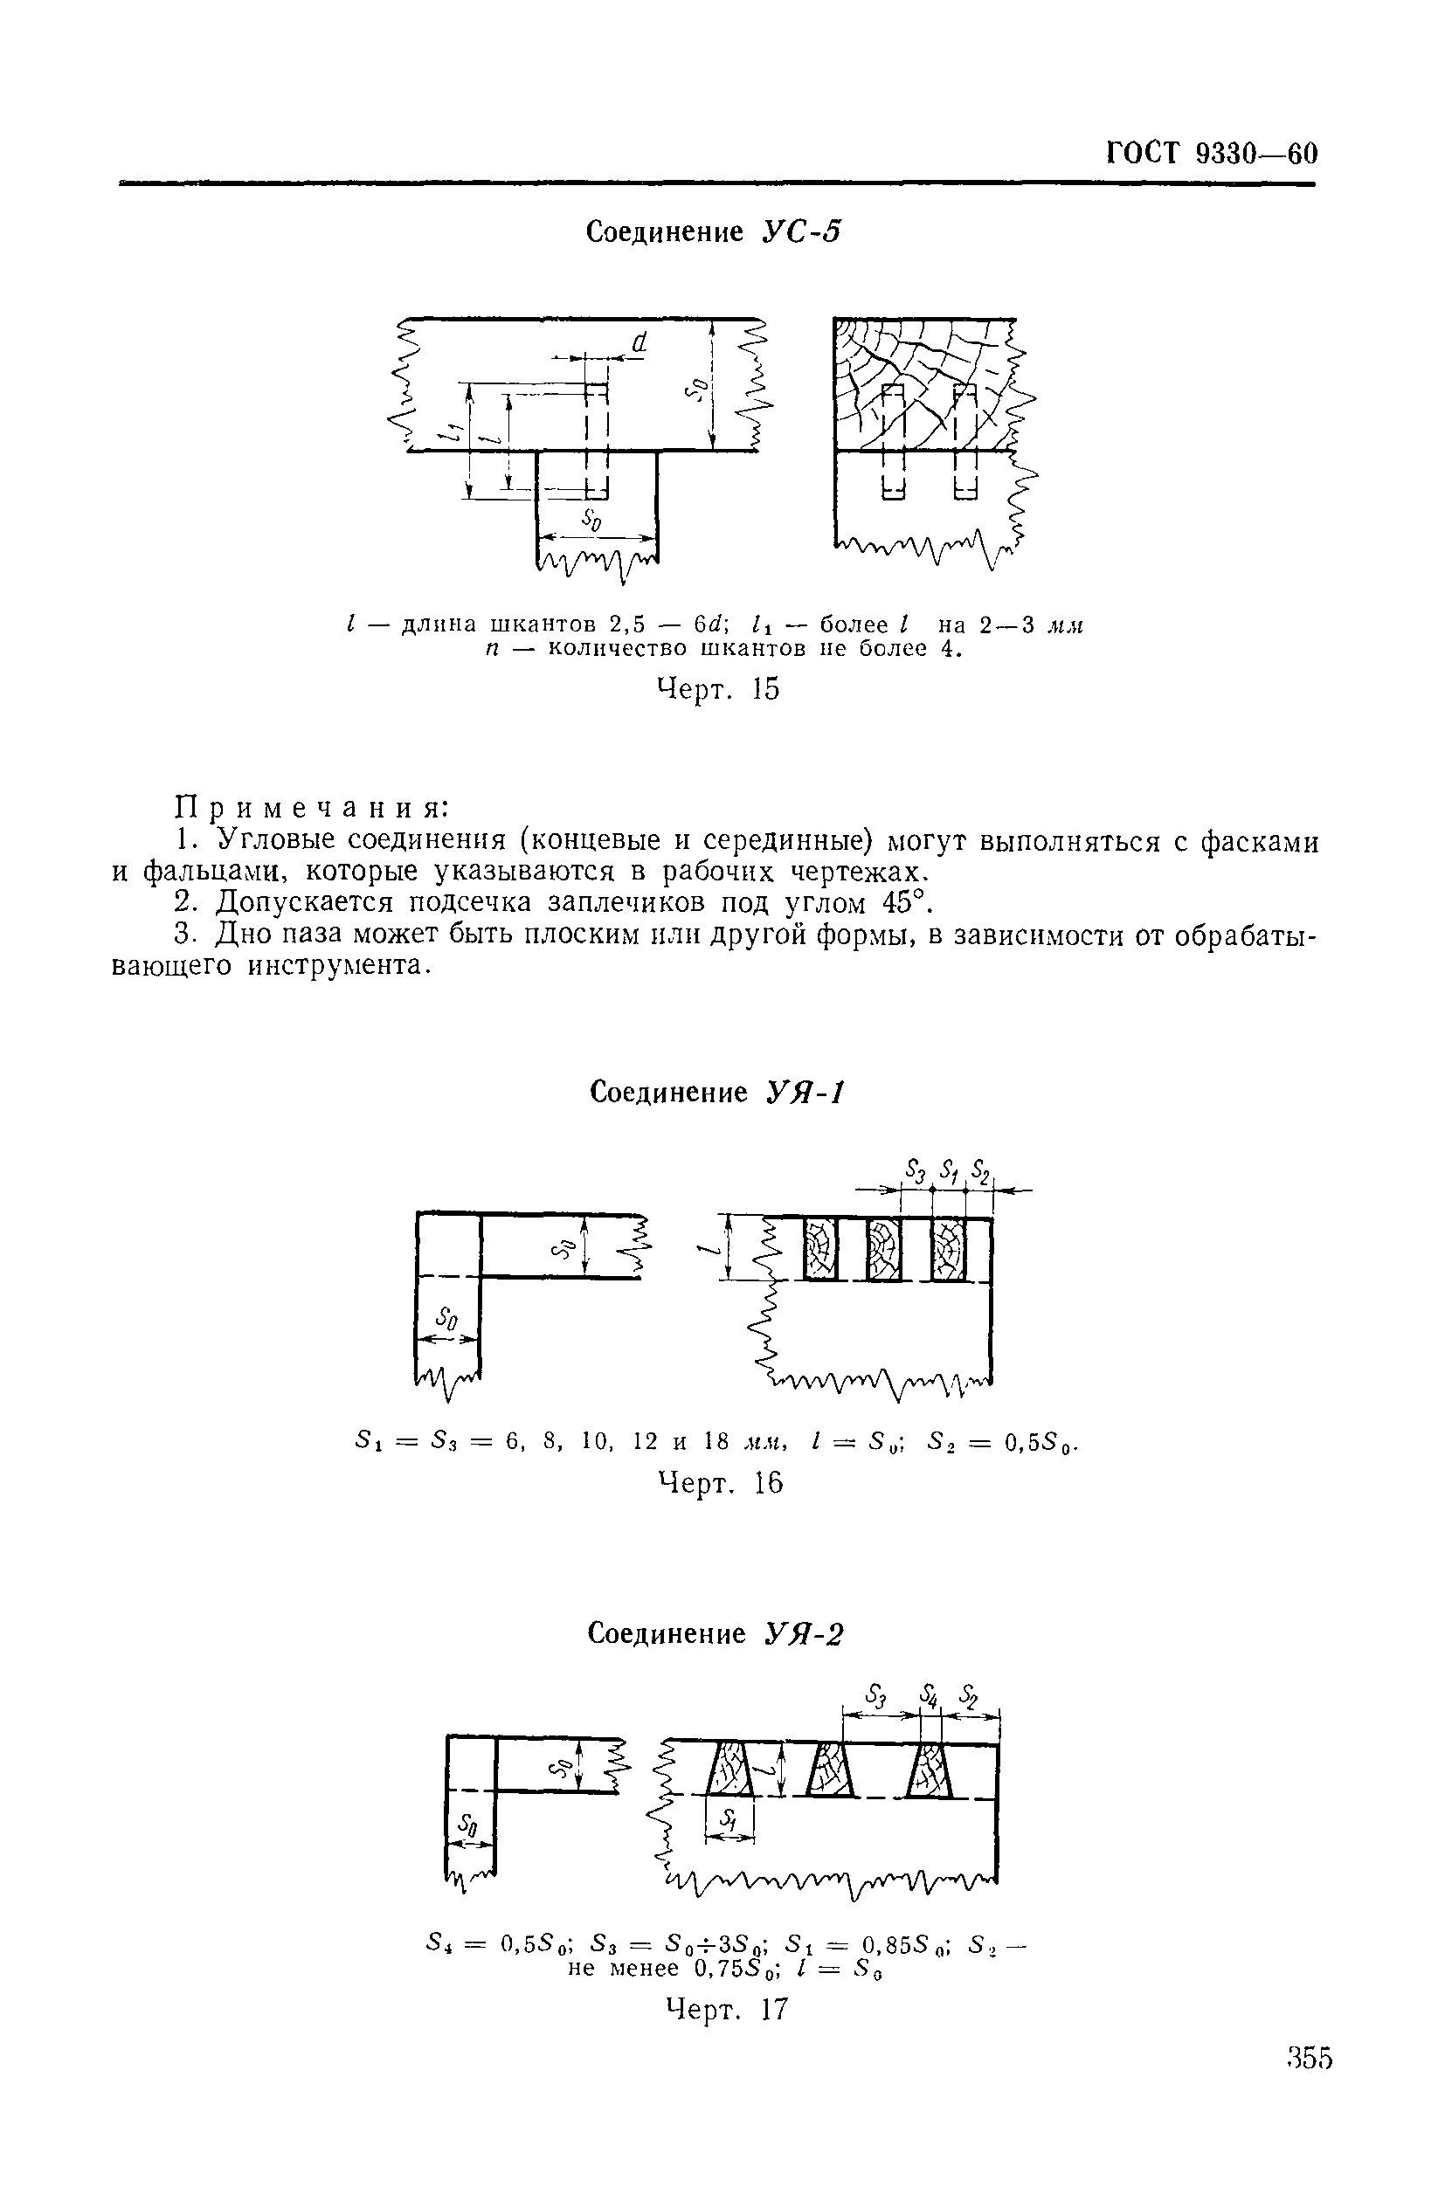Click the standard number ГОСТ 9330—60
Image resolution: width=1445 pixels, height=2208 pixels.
tap(1211, 152)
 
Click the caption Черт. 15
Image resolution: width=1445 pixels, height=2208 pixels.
tap(718, 689)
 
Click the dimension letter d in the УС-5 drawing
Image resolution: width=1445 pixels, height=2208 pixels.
tap(639, 344)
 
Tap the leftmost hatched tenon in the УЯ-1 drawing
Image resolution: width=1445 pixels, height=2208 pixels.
tap(819, 1249)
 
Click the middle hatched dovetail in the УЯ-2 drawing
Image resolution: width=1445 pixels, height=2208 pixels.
tap(831, 1771)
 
